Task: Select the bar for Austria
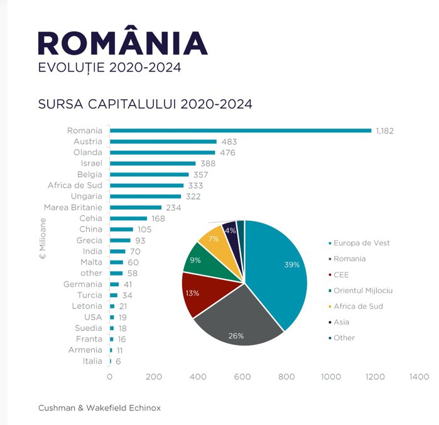(163, 142)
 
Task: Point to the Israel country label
(91, 163)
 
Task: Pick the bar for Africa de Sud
(147, 185)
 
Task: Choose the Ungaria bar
(146, 196)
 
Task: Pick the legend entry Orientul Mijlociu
(363, 291)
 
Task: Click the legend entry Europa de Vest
(361, 243)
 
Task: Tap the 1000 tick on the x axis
(331, 377)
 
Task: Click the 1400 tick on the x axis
(419, 377)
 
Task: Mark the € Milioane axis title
(43, 239)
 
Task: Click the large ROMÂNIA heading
(123, 43)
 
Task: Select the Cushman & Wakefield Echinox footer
(99, 408)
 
